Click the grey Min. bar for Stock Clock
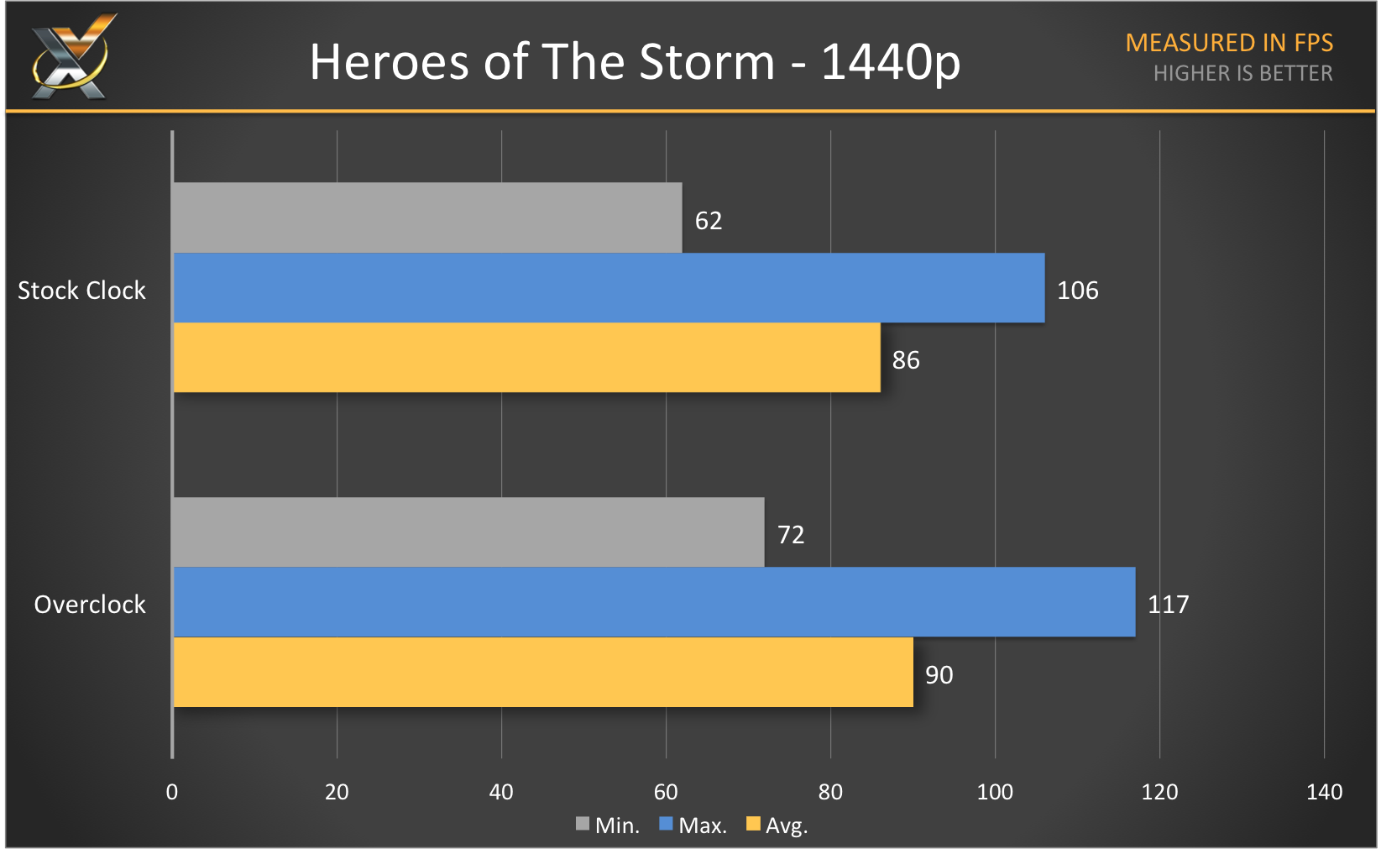(426, 217)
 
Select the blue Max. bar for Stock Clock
(609, 288)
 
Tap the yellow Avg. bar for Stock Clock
(526, 358)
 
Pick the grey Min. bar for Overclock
(468, 532)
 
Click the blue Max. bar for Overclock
(654, 602)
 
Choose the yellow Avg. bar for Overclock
(542, 672)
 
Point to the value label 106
(1077, 291)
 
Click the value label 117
(1168, 605)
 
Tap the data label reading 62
(708, 221)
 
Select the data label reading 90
(939, 675)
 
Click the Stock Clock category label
(81, 291)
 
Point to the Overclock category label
(90, 605)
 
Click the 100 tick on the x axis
(995, 792)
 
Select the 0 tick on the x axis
(172, 792)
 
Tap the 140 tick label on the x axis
(1324, 792)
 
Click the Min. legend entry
(608, 825)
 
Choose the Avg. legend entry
(777, 825)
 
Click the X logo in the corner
(71, 57)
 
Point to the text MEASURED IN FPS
(1229, 43)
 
